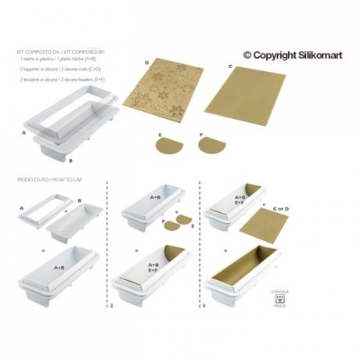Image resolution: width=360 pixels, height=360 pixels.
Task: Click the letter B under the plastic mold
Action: (71, 160)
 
